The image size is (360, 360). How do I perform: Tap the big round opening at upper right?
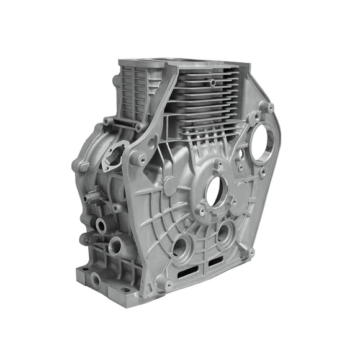pos(264,144)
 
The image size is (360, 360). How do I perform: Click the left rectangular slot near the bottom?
pos(186,272)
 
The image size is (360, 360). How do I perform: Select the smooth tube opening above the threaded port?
pos(101,223)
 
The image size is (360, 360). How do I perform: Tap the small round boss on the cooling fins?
pos(213,81)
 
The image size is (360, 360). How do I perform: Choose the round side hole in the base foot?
pos(95,280)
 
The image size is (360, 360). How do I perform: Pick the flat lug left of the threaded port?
pos(88,239)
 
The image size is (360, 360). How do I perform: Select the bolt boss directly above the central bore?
pos(218,164)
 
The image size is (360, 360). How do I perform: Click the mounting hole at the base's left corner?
pos(84,271)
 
